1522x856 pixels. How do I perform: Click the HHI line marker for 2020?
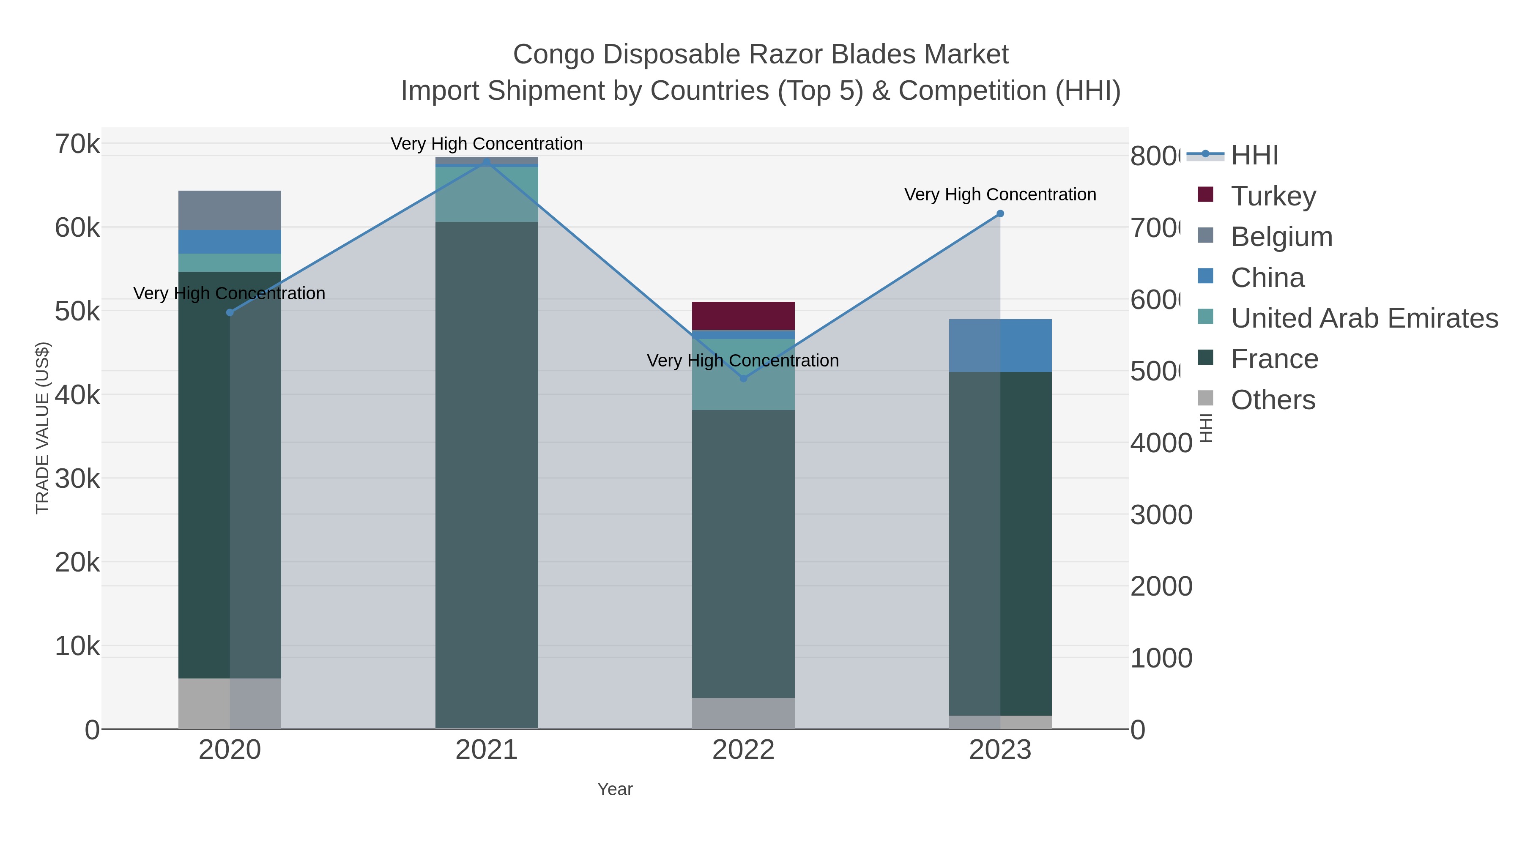(230, 312)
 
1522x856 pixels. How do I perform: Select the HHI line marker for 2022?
(743, 378)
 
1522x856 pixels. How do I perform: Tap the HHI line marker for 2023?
(1000, 214)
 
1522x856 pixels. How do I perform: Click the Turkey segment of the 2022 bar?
(743, 315)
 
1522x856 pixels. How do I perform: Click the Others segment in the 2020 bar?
(230, 703)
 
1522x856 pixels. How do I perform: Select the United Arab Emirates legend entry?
(1363, 318)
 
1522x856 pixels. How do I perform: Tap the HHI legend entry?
(1254, 156)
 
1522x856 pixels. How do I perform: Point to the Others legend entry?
(1272, 400)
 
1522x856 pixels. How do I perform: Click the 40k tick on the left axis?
(77, 395)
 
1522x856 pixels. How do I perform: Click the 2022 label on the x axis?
(743, 749)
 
